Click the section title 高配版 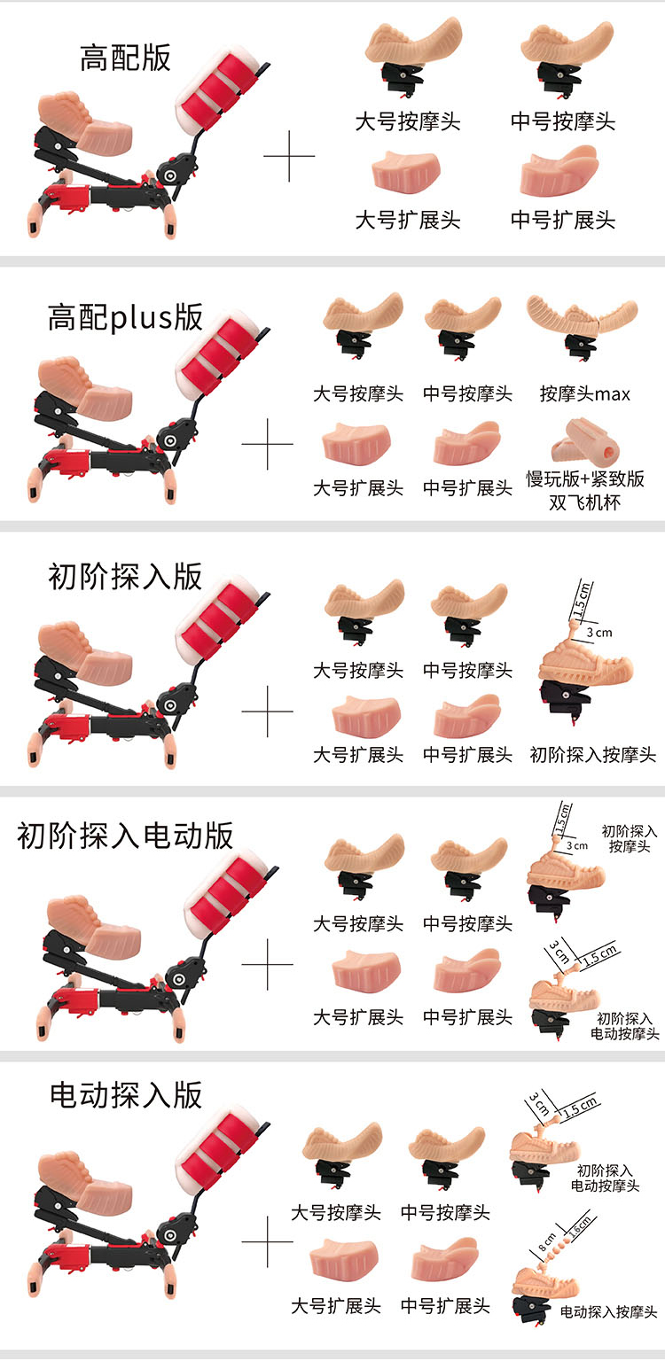coord(125,58)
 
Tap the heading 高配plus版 coord(125,317)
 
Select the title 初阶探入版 coord(125,577)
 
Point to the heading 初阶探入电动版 coord(125,836)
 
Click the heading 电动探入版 coord(125,1095)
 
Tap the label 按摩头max coord(585,393)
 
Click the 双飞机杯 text coord(585,502)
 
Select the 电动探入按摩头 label coord(608,1311)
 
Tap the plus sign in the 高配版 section coord(289,156)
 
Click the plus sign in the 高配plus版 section coord(268,444)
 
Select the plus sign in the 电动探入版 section coord(268,1242)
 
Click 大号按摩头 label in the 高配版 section coord(408,121)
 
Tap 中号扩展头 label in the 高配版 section coord(563,220)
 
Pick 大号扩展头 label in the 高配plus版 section coord(358,488)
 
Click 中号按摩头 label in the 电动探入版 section coord(446,1212)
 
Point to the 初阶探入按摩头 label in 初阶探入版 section coord(593,755)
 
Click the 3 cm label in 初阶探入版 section coord(599,633)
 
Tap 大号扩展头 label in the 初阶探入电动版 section coord(358,1017)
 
